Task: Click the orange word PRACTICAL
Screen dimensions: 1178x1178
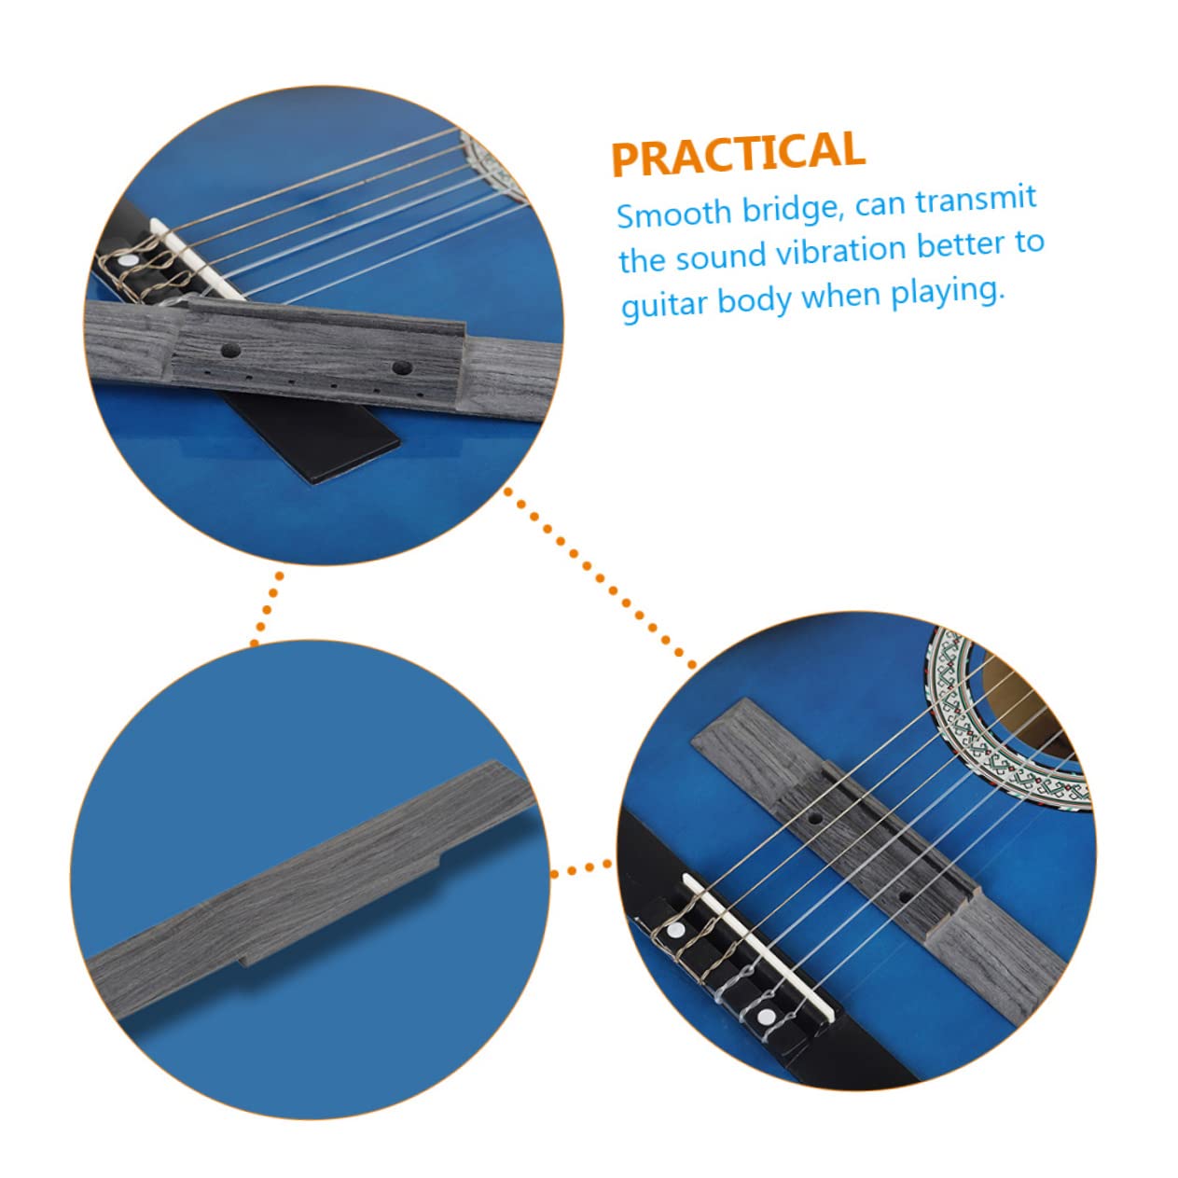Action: pos(737,154)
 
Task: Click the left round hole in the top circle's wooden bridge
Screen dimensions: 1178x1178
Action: pos(229,351)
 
